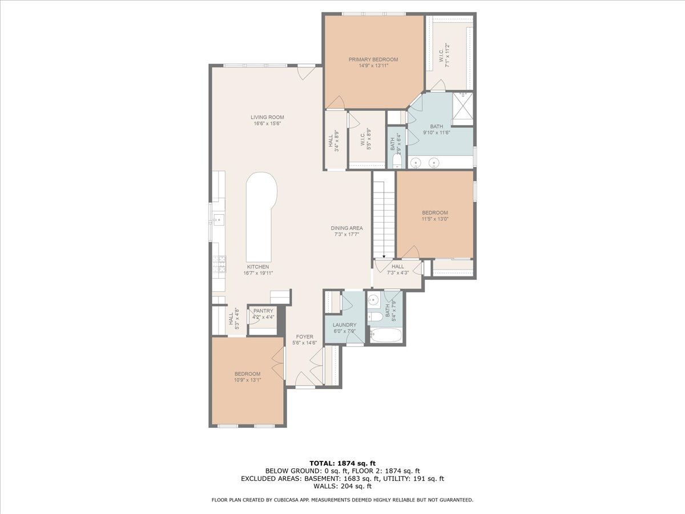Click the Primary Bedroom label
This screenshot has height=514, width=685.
click(x=373, y=59)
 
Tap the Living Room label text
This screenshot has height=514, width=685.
click(x=268, y=117)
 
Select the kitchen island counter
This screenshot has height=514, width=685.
click(x=261, y=218)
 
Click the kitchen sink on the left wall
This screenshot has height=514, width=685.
click(x=219, y=220)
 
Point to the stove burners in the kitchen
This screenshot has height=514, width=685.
click(x=219, y=264)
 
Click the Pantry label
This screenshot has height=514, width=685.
click(x=263, y=311)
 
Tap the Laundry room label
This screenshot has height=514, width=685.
click(x=345, y=325)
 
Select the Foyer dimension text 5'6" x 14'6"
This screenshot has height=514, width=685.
click(x=305, y=343)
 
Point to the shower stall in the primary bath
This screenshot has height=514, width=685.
click(x=462, y=109)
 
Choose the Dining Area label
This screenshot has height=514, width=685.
click(x=346, y=228)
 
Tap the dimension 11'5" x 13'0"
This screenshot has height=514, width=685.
click(x=435, y=219)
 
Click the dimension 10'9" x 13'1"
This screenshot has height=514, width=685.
click(x=248, y=380)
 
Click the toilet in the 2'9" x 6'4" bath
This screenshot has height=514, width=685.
click(x=396, y=162)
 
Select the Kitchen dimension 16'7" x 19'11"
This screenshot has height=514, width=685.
click(x=258, y=273)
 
